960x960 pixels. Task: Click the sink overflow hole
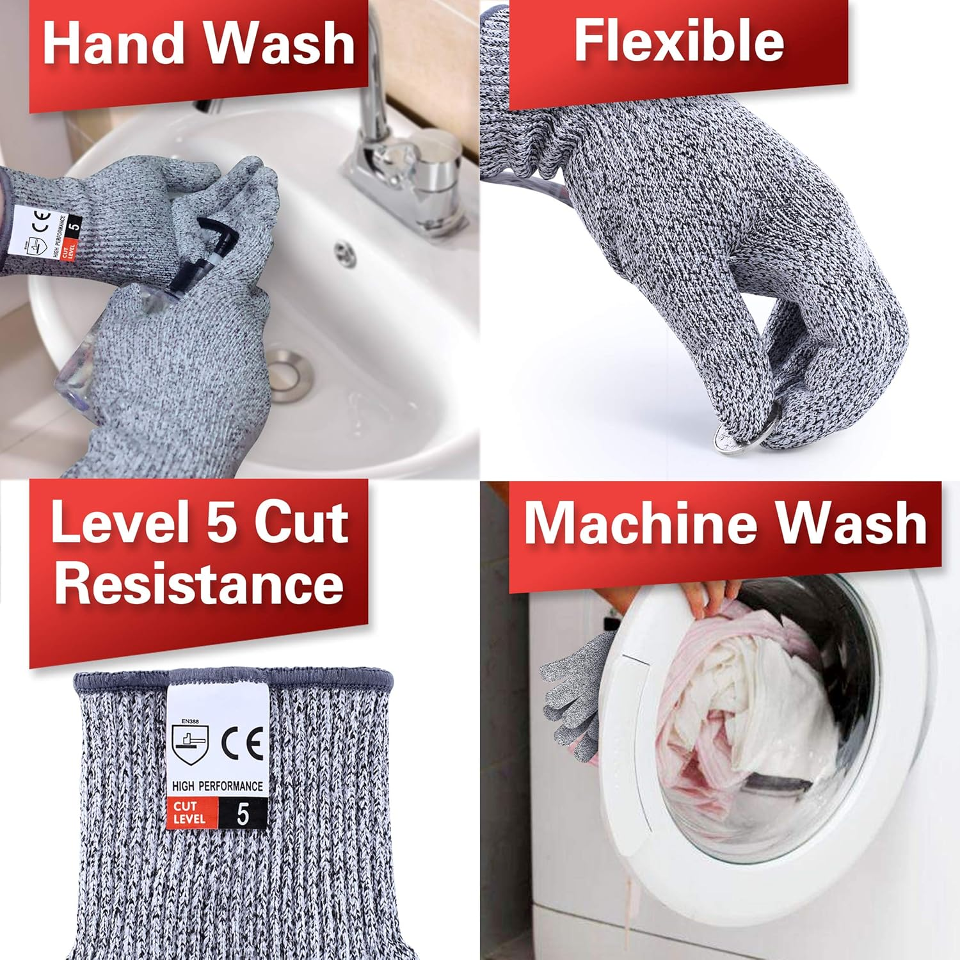(345, 253)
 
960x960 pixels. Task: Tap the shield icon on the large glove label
(190, 746)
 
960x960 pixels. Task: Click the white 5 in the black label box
(243, 813)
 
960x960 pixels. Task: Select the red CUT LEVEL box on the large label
(191, 813)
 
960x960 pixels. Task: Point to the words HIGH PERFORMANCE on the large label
(217, 785)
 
